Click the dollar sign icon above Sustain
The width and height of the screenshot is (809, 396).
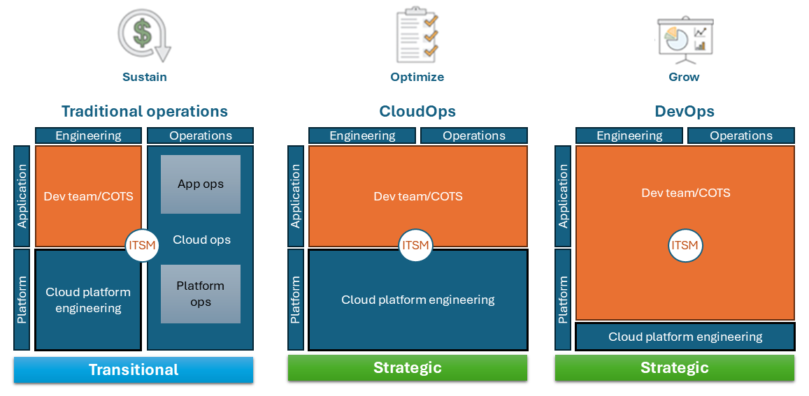coord(144,35)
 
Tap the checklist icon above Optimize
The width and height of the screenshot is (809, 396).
coord(417,34)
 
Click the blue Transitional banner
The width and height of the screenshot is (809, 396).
coord(134,369)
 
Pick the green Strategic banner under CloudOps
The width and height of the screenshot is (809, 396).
coord(407,367)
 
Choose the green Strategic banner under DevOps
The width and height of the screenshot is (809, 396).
coord(674,367)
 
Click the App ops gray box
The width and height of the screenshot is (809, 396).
coord(201,184)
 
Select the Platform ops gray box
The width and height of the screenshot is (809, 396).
coord(201,294)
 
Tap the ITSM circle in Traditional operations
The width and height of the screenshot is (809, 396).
coord(143,245)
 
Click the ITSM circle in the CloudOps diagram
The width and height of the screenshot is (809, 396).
coord(415,245)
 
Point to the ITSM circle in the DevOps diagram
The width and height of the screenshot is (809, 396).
coord(685,245)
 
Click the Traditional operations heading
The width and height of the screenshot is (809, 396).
coord(145,111)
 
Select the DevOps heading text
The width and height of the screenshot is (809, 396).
coord(685,111)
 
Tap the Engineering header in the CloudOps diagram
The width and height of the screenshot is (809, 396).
coord(362,135)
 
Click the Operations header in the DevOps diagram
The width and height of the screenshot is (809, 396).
coord(741,135)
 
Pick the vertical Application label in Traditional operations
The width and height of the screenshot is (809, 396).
coord(22,196)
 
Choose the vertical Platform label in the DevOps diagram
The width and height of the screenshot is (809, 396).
coord(563,300)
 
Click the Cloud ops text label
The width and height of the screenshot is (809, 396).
coord(201,240)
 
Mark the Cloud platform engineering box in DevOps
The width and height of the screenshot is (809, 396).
coord(685,337)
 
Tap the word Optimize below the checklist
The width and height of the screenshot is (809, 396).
coord(417,77)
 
